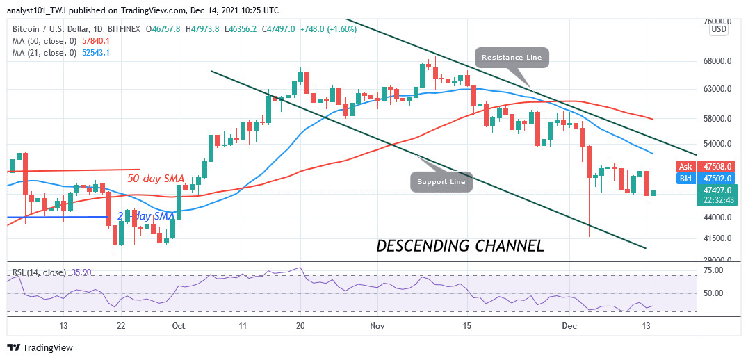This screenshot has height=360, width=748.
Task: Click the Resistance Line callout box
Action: pos(512,57)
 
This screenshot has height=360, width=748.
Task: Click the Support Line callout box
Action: pos(441,182)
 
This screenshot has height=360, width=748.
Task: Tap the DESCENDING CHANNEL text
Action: pos(460,245)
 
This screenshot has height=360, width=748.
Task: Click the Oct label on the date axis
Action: pos(178,325)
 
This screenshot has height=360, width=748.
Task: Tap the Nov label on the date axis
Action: pos(378,325)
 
